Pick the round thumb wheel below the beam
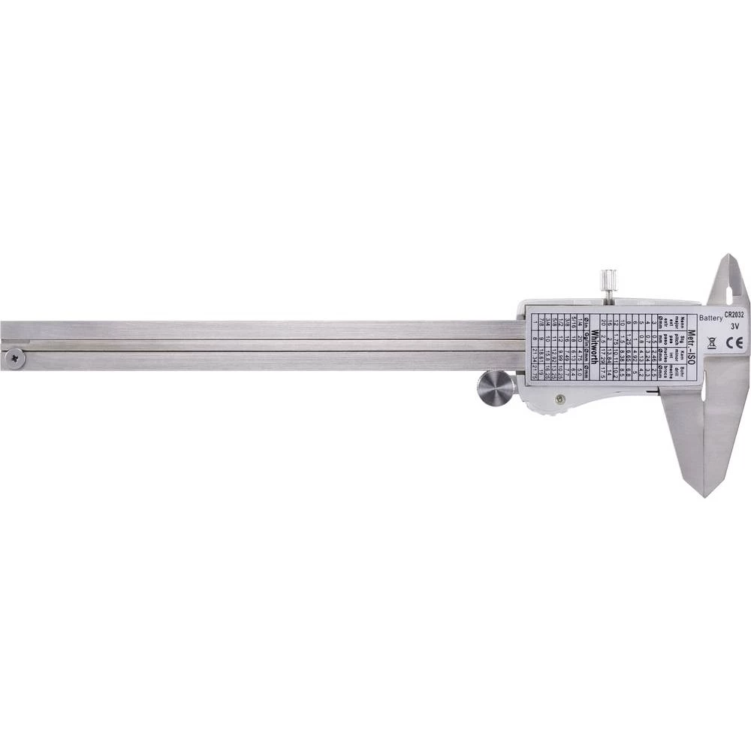(x=496, y=388)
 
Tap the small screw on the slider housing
(x=559, y=400)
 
